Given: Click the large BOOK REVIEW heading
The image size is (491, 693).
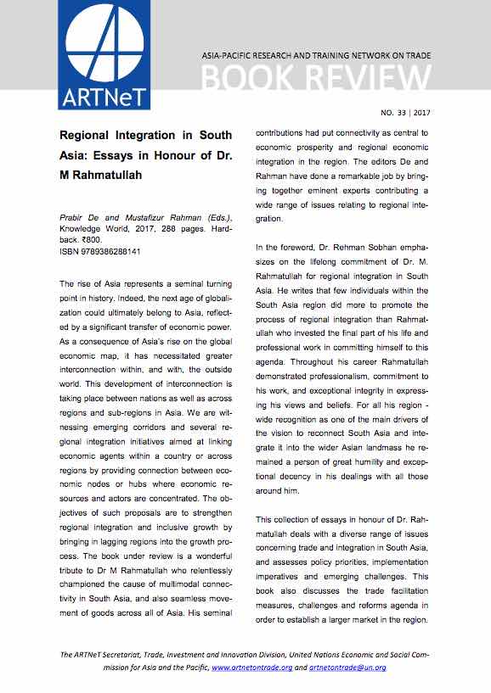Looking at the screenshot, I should (316, 80).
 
